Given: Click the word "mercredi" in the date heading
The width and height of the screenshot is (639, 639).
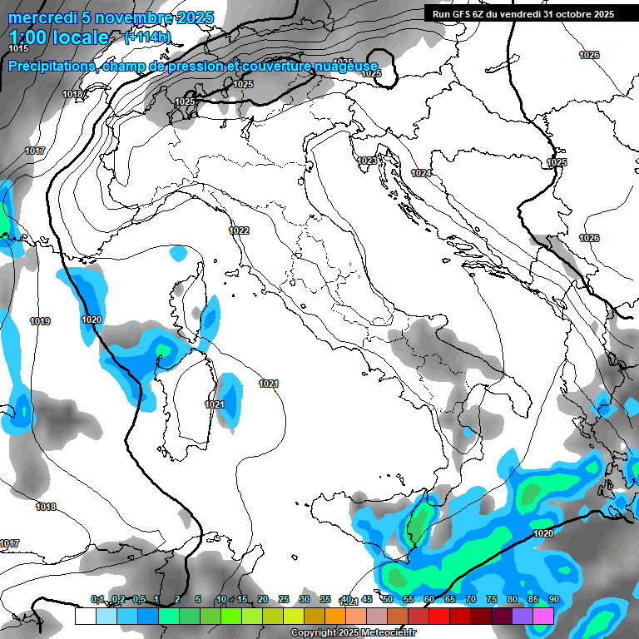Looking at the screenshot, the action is tap(41, 17).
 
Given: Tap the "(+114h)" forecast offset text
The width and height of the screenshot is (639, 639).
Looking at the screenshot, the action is tap(147, 37).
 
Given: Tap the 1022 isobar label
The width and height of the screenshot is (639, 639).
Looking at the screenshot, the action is tap(239, 230).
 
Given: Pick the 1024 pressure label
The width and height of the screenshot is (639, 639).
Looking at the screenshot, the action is tap(421, 173).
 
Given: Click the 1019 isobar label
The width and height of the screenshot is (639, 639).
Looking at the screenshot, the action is tap(40, 321).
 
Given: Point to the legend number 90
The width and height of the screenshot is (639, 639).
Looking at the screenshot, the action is tap(553, 599).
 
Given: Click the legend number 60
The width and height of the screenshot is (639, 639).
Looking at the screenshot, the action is tap(429, 599).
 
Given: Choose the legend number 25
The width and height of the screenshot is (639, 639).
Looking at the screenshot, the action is tap(284, 599).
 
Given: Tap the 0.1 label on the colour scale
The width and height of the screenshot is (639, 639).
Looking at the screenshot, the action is tap(97, 599).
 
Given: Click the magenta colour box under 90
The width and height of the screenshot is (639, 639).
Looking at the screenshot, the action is tap(543, 616).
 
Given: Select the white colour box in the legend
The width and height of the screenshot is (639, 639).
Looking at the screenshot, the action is tap(85, 616).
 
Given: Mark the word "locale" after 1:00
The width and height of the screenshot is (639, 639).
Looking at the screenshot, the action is tap(79, 37).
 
